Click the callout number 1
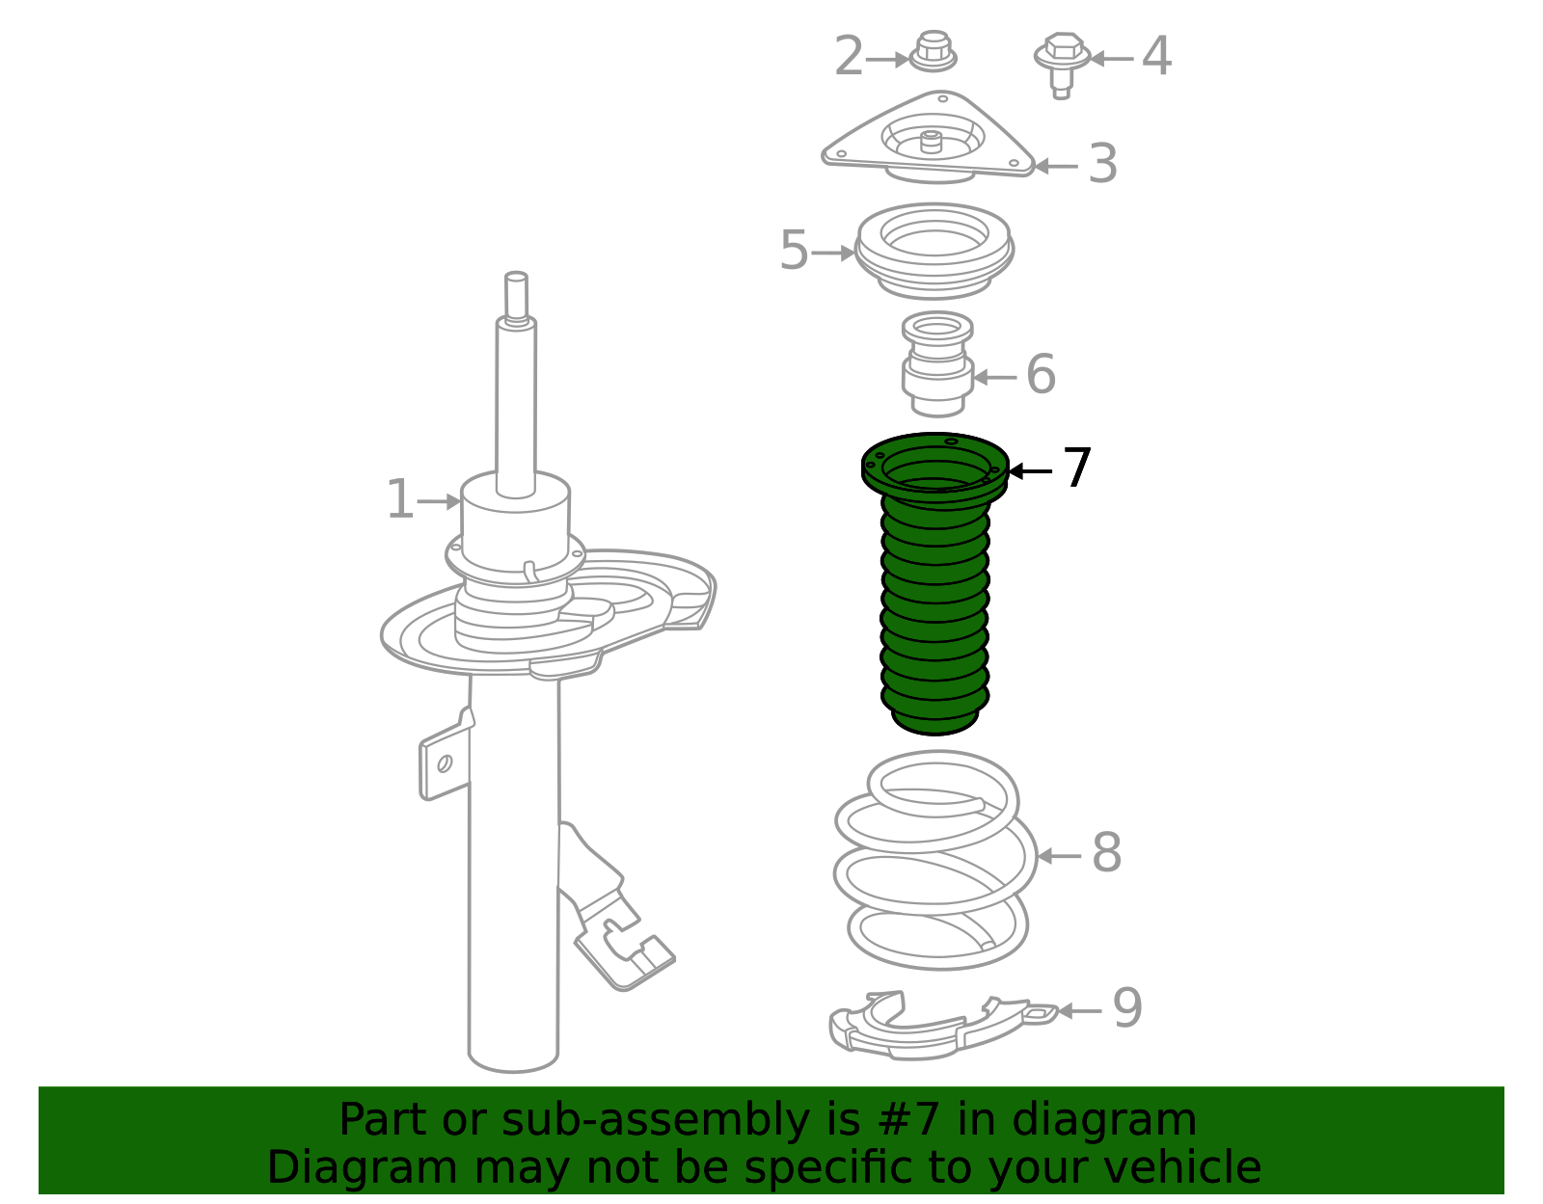[x=400, y=499]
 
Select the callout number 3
[x=1102, y=163]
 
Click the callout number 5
[x=794, y=250]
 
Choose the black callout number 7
[x=1076, y=468]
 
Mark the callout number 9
[x=1127, y=1006]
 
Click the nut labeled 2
[x=934, y=51]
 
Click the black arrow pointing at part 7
[x=1030, y=470]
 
